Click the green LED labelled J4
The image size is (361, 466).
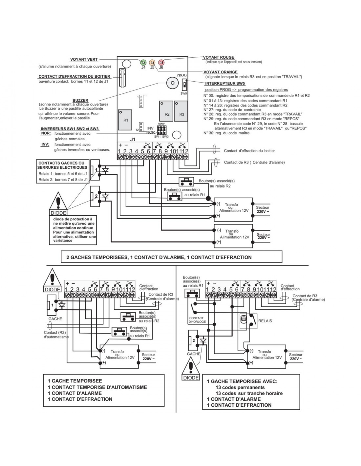(143, 62)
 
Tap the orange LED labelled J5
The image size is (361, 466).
(152, 62)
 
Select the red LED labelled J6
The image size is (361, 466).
(161, 62)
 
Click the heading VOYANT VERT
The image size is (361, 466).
(84, 60)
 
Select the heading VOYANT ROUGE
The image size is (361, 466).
(219, 57)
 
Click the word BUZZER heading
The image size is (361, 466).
(80, 100)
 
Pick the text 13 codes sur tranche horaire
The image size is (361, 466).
(249, 393)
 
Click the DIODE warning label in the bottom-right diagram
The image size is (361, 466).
(191, 378)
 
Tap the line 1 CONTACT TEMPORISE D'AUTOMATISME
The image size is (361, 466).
(97, 387)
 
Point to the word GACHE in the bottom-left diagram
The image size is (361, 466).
(55, 319)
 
